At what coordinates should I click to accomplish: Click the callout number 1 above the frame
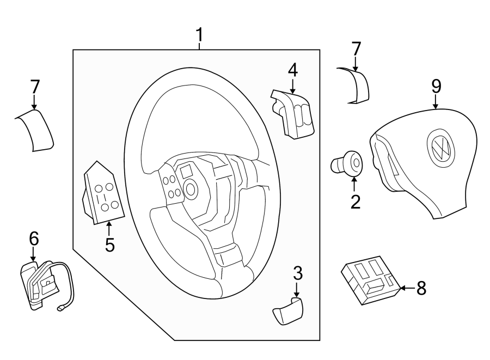pyautogui.click(x=200, y=35)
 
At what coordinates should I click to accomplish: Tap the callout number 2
pyautogui.click(x=355, y=202)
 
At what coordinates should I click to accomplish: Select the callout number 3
pyautogui.click(x=297, y=273)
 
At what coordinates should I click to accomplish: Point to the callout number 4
pyautogui.click(x=293, y=70)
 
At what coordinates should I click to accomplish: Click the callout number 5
pyautogui.click(x=110, y=245)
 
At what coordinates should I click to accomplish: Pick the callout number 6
pyautogui.click(x=34, y=238)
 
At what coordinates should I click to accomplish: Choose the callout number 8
pyautogui.click(x=421, y=288)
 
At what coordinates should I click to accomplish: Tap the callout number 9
pyautogui.click(x=436, y=86)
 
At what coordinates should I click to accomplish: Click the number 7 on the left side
pyautogui.click(x=35, y=87)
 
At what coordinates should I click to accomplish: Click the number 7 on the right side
pyautogui.click(x=356, y=48)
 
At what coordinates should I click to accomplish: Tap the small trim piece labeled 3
pyautogui.click(x=287, y=312)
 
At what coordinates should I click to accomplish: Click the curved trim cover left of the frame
pyautogui.click(x=35, y=130)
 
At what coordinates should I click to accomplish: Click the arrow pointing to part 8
pyautogui.click(x=406, y=288)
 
